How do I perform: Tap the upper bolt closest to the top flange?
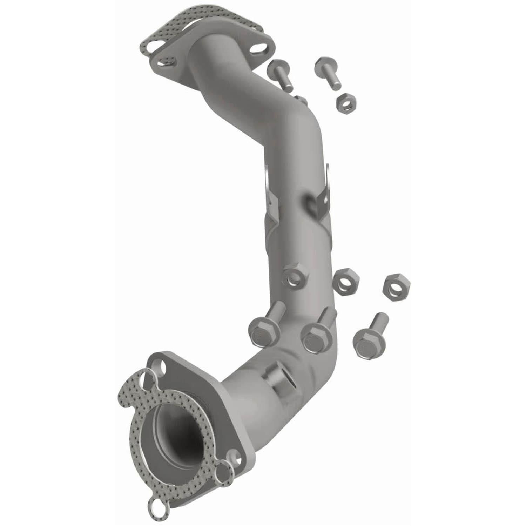click(x=281, y=74)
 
